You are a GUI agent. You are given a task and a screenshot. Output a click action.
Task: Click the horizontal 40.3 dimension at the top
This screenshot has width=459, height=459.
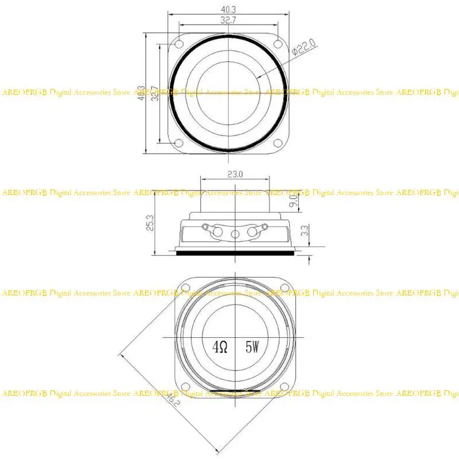pos(228,9)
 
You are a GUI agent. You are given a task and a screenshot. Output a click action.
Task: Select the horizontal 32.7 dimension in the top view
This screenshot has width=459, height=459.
pos(228,20)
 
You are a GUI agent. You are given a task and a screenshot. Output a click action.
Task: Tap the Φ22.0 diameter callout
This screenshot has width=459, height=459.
pos(304,46)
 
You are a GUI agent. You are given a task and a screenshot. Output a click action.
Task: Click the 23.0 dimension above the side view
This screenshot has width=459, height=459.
pos(236,173)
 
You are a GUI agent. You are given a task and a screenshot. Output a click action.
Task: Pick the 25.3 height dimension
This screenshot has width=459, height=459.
pos(150,223)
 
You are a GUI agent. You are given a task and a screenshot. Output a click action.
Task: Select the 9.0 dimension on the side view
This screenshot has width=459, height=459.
pos(293,201)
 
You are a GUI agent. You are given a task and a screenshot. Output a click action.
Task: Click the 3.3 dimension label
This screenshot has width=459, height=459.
pos(305,231)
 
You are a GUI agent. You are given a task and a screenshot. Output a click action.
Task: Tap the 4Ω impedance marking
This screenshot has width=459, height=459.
pos(220,347)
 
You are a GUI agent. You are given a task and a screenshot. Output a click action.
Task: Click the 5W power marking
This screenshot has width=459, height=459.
pos(252,347)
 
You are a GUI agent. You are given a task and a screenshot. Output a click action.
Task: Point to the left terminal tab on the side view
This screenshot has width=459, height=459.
pos(217,231)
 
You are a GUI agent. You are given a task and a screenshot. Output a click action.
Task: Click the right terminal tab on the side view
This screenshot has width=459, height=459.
pos(253,231)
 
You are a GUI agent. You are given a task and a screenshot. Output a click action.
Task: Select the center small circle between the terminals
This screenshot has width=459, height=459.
pos(235,235)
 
